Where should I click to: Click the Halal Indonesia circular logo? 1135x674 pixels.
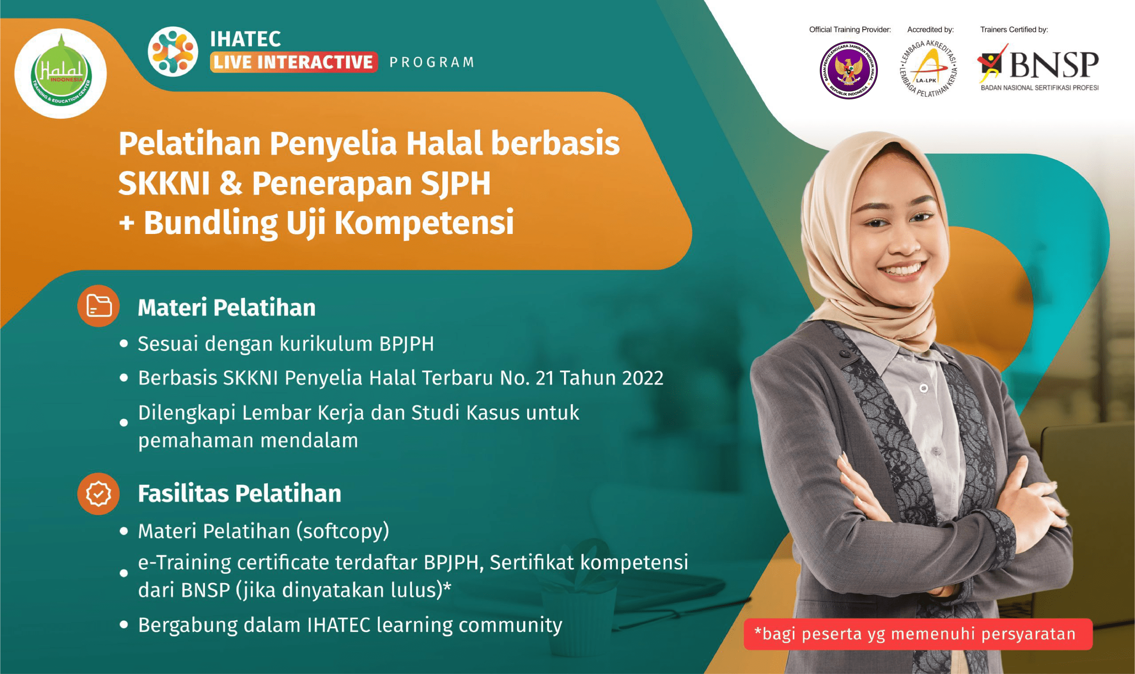click(61, 73)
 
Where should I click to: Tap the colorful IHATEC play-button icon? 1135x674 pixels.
click(173, 51)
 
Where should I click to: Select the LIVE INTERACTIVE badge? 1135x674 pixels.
click(294, 62)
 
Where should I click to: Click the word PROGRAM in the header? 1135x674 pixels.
click(432, 62)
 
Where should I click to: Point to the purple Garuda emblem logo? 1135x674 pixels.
click(848, 70)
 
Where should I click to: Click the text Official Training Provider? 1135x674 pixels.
click(849, 30)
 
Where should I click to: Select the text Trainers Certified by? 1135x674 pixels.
click(1014, 30)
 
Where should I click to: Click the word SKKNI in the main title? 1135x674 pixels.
click(164, 183)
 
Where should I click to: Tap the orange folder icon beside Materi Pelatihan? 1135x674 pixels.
click(98, 306)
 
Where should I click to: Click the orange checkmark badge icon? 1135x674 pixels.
click(98, 494)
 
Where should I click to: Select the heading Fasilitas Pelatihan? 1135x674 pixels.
click(239, 494)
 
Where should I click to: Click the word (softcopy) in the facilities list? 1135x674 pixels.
click(343, 531)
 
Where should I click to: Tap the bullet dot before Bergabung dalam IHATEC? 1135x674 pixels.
click(124, 624)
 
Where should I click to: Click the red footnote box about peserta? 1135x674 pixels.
click(918, 634)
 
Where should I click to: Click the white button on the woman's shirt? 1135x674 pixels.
click(923, 388)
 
